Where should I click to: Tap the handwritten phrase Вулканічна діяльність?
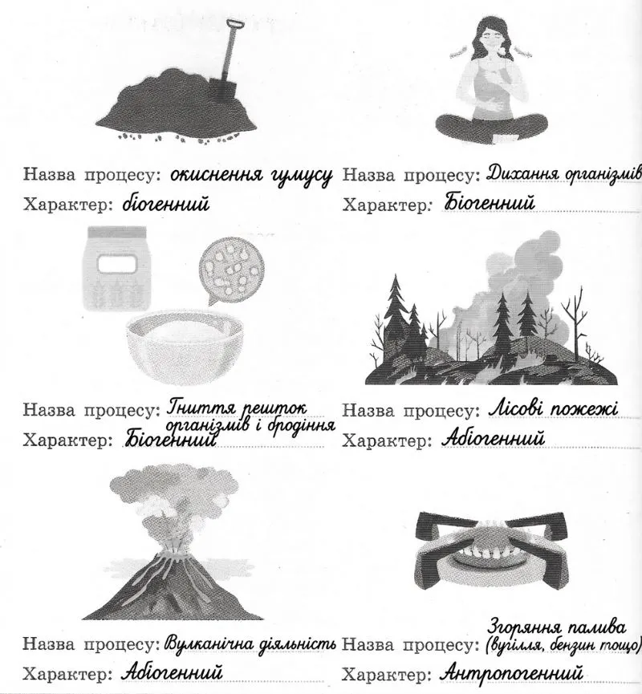[x=250, y=643]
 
